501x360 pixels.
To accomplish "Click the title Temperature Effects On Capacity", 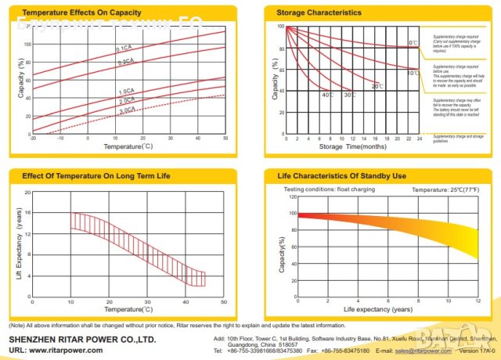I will (x=70, y=13).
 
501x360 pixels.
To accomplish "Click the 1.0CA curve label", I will (x=125, y=92).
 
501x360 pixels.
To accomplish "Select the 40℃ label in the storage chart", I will (x=328, y=95).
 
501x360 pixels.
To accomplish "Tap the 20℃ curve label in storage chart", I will (x=377, y=85).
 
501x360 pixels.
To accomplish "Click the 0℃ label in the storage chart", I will (x=413, y=42).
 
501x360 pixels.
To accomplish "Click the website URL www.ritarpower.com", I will (x=66, y=350).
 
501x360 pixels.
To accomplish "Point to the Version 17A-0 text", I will (x=478, y=352).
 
